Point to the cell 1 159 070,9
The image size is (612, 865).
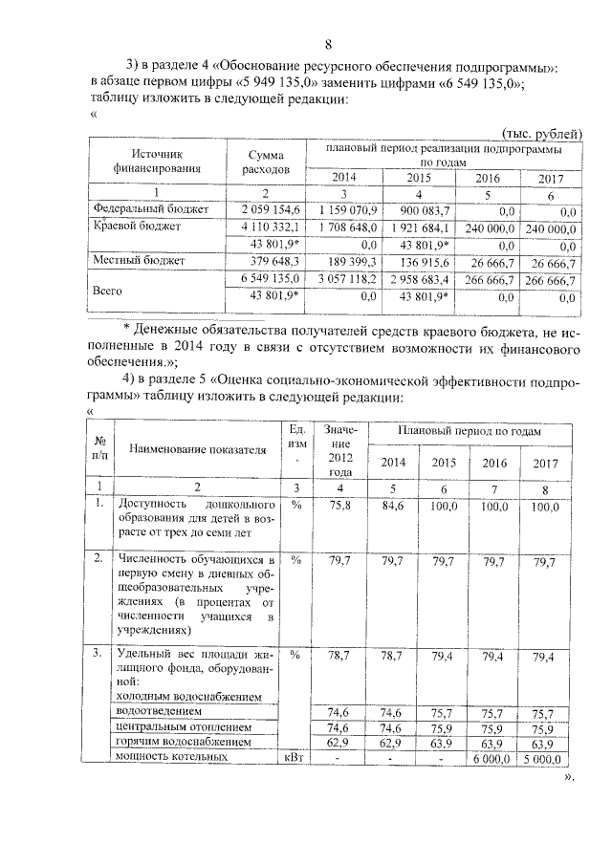[348, 209]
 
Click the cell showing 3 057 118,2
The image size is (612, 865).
[348, 280]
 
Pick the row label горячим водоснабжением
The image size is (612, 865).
[183, 741]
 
